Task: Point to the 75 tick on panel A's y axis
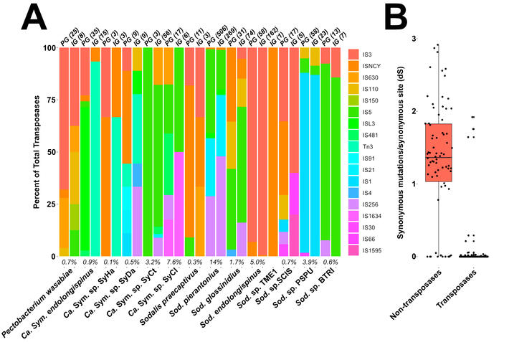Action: click(49, 100)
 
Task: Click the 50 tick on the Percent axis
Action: click(49, 153)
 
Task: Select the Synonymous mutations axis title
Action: click(400, 147)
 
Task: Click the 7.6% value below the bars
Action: click(174, 263)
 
